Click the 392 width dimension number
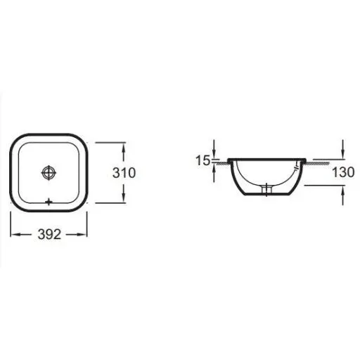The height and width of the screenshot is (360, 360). (49, 234)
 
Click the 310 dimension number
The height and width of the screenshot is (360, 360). (124, 173)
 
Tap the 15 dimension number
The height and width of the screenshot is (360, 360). (202, 160)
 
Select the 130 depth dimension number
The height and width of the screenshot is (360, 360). (343, 172)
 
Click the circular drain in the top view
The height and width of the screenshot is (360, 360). (49, 173)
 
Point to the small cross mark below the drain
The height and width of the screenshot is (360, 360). (49, 202)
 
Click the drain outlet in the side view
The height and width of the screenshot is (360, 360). (266, 189)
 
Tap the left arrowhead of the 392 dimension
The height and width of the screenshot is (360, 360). (15, 234)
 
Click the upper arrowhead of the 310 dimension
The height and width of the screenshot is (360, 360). (124, 148)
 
